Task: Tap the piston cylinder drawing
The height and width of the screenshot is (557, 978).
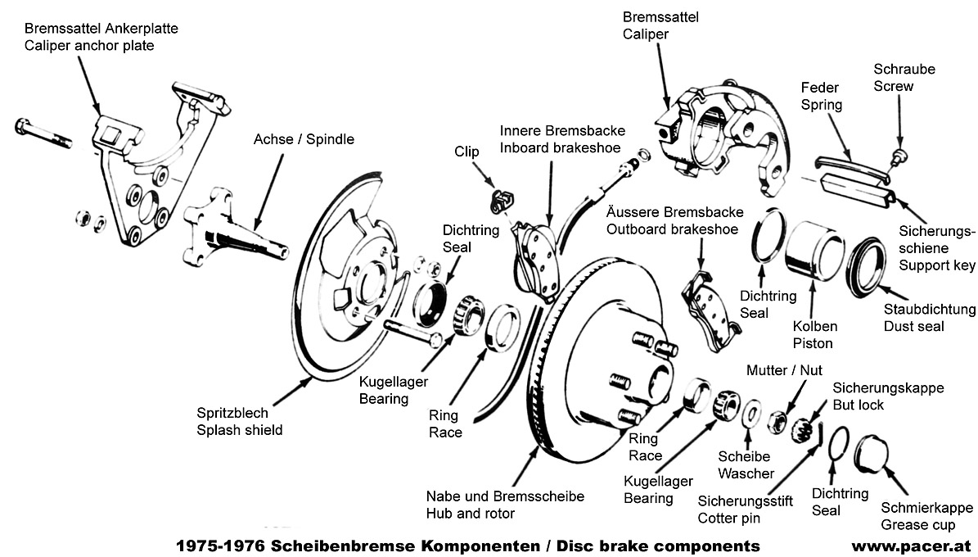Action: click(810, 250)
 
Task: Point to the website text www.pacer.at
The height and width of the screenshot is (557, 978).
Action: click(910, 546)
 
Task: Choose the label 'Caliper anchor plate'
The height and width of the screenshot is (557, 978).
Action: click(89, 46)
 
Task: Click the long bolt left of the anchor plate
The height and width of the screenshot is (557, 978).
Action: click(43, 133)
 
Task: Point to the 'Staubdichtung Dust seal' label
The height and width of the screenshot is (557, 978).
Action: click(929, 318)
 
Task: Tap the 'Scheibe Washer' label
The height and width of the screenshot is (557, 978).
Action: click(745, 464)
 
